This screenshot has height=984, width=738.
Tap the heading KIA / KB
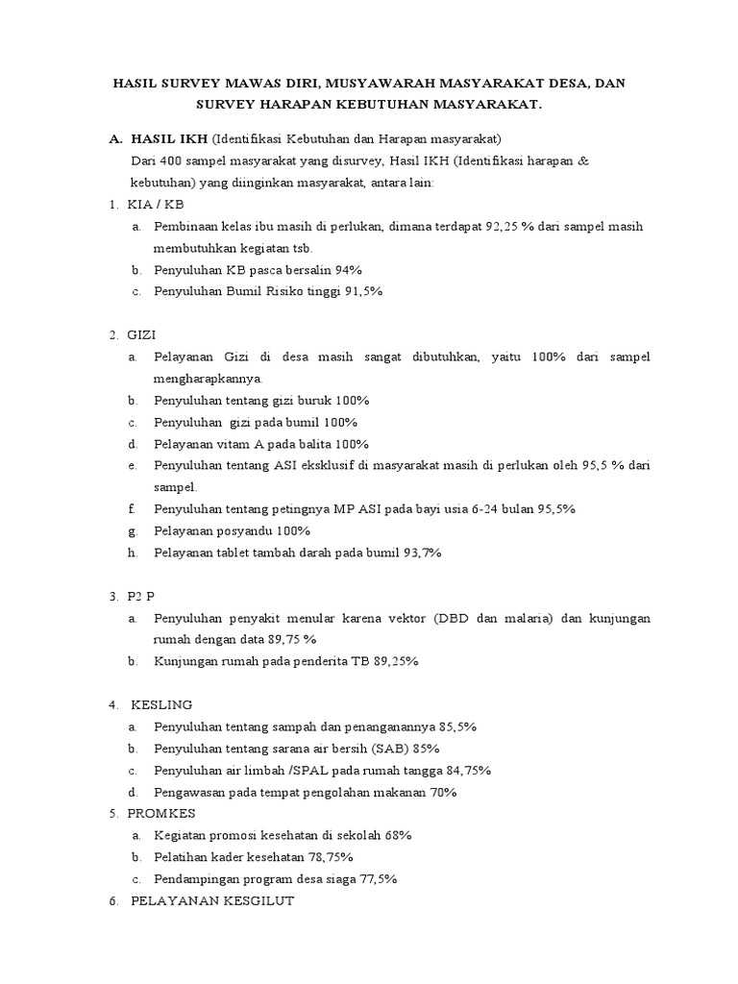155,206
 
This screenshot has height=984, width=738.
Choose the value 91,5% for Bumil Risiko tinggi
360,292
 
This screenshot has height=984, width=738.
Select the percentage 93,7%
418,553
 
